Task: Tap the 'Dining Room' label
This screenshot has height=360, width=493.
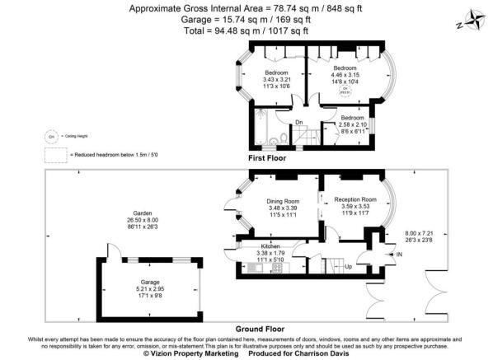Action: click(282, 201)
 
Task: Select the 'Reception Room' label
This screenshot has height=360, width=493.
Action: click(354, 199)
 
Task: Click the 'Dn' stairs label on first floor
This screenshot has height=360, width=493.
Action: click(299, 123)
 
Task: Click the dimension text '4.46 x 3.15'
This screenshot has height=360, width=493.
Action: click(345, 75)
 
